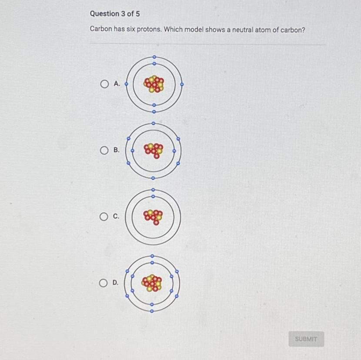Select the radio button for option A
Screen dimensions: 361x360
(x=104, y=84)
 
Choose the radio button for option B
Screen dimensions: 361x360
(x=104, y=150)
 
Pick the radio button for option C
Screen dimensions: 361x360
(x=104, y=217)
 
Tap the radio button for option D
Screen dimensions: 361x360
(x=103, y=283)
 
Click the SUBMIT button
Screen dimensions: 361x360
(x=306, y=339)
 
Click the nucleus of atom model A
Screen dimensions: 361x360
(x=154, y=84)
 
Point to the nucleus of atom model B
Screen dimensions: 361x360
(x=154, y=151)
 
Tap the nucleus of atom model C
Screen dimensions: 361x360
(x=153, y=217)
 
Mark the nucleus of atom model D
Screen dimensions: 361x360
(x=152, y=283)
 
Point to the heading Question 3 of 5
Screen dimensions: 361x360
(x=115, y=13)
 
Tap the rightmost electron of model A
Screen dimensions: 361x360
(x=182, y=84)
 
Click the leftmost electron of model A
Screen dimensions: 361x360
(x=126, y=84)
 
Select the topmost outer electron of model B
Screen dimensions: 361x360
(x=154, y=123)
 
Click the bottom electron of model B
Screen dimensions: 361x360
(x=153, y=178)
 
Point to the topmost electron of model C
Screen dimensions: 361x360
(x=153, y=190)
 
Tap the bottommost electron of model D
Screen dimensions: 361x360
(x=152, y=311)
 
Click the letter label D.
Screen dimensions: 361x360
(x=115, y=283)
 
